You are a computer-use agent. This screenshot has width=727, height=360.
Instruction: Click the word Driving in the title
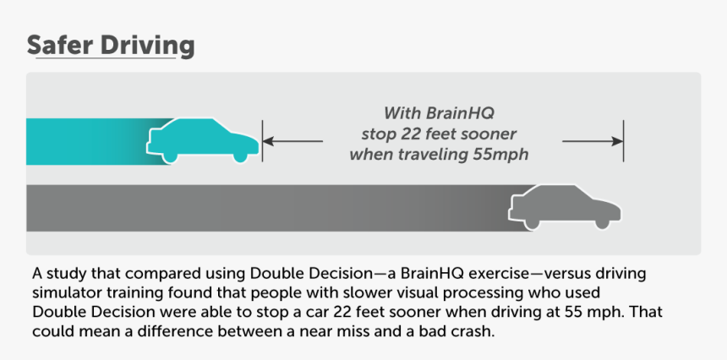point(147,46)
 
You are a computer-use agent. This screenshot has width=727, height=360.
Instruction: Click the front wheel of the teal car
point(240,155)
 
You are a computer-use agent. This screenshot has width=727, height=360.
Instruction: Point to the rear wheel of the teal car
point(170,156)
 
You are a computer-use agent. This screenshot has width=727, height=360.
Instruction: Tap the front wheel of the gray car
point(602,222)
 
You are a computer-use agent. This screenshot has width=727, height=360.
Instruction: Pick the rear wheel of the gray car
point(532,223)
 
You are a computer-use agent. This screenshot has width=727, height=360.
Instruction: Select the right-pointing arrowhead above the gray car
point(618,141)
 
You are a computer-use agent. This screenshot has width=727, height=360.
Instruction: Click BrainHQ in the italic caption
point(460,112)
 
